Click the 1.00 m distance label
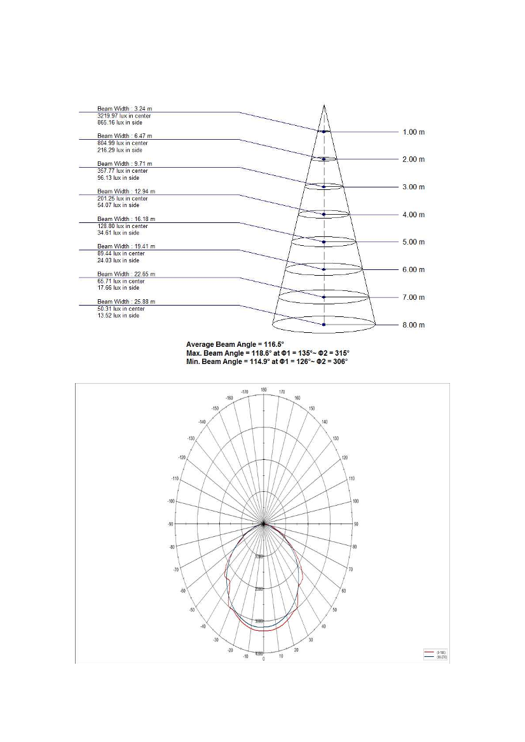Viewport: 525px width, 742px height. tap(413, 132)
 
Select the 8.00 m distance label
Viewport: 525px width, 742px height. tap(413, 325)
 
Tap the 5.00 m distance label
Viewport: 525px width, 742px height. tap(413, 242)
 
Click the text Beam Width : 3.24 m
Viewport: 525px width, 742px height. tap(125, 109)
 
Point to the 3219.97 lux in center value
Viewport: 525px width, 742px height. tap(124, 116)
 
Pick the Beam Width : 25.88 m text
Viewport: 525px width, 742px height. tap(126, 301)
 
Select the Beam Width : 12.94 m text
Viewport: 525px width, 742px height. tap(126, 191)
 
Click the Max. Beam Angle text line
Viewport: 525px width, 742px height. tap(268, 353)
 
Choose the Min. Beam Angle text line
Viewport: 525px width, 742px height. tap(267, 361)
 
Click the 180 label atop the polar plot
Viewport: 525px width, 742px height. tap(263, 389)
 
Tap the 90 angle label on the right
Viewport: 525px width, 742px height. tap(356, 524)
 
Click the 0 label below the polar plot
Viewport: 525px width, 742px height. tap(263, 658)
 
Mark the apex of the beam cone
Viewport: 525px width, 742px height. tap(324, 105)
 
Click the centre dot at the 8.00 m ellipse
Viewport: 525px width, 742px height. tap(324, 325)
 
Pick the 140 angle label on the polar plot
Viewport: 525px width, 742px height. tap(325, 422)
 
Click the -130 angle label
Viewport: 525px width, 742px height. tap(191, 438)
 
